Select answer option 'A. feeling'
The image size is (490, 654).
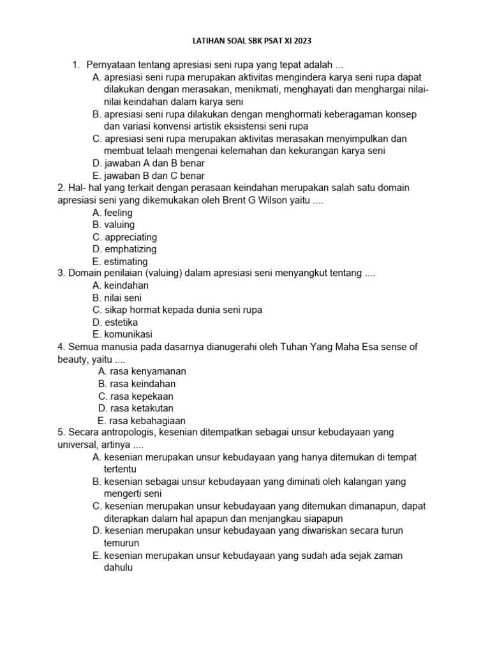click(112, 213)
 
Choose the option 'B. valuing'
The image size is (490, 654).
click(113, 225)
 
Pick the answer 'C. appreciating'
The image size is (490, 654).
click(124, 237)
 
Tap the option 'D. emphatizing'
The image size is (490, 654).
click(124, 249)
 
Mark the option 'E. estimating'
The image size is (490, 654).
click(120, 261)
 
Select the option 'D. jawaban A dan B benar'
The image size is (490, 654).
click(148, 163)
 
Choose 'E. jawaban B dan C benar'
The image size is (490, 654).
click(148, 176)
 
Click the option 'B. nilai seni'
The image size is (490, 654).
click(117, 298)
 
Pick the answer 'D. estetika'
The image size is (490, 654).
click(115, 322)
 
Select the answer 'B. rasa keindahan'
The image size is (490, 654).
click(137, 384)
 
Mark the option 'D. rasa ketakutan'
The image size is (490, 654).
click(136, 408)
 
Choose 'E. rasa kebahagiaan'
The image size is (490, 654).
click(141, 420)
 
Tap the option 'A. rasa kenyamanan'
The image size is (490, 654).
click(142, 371)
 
